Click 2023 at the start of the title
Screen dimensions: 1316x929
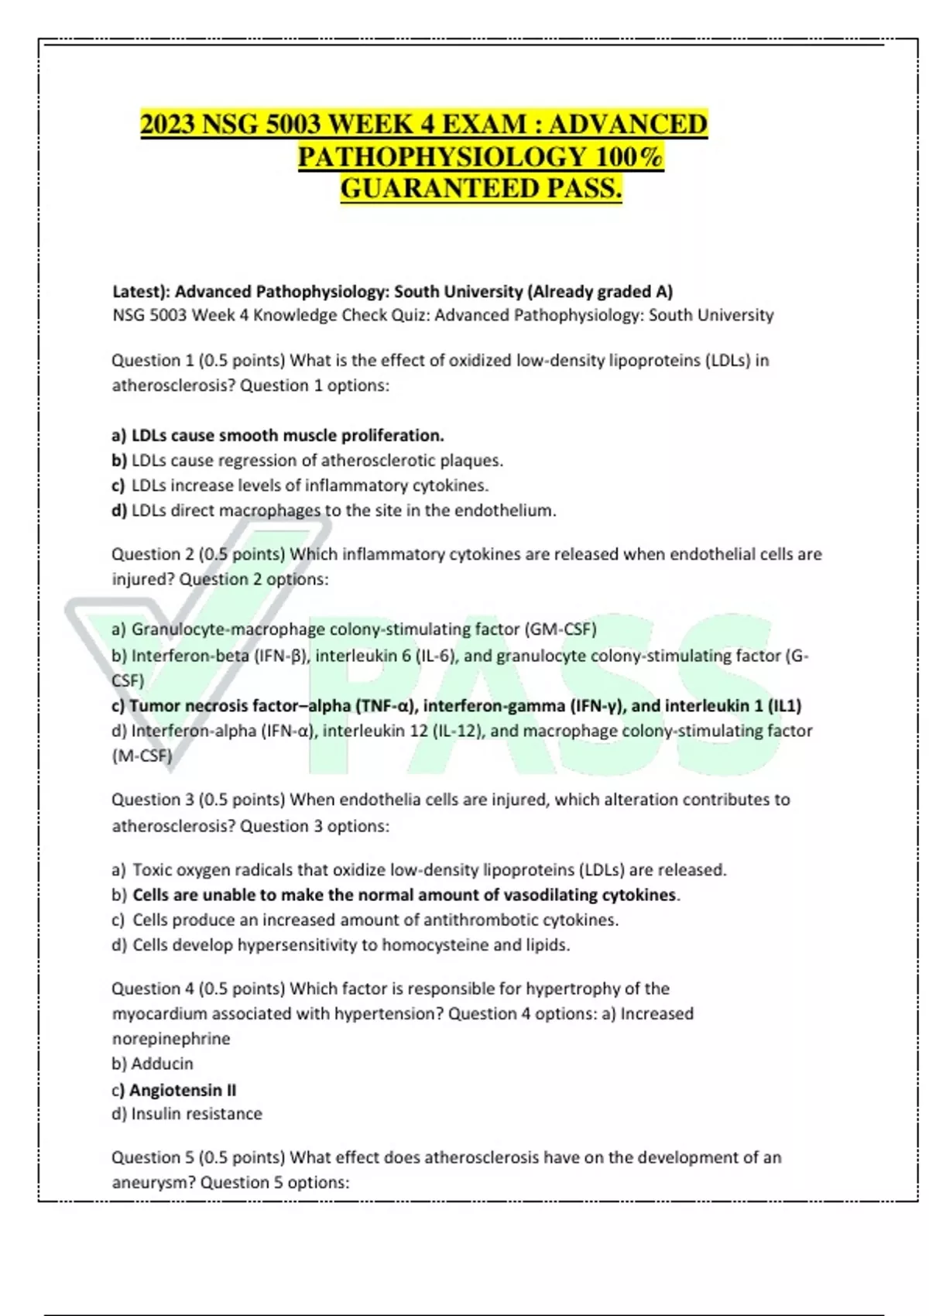(x=168, y=125)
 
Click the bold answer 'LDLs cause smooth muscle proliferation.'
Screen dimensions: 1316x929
(x=287, y=435)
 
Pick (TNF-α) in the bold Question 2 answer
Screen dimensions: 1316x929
(x=386, y=706)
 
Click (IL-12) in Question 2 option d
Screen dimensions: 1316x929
(x=456, y=731)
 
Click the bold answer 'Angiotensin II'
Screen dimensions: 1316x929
(x=183, y=1090)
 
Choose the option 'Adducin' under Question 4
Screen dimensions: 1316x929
(x=162, y=1064)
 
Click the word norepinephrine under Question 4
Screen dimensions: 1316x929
(x=171, y=1039)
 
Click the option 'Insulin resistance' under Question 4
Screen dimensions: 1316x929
(x=197, y=1114)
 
